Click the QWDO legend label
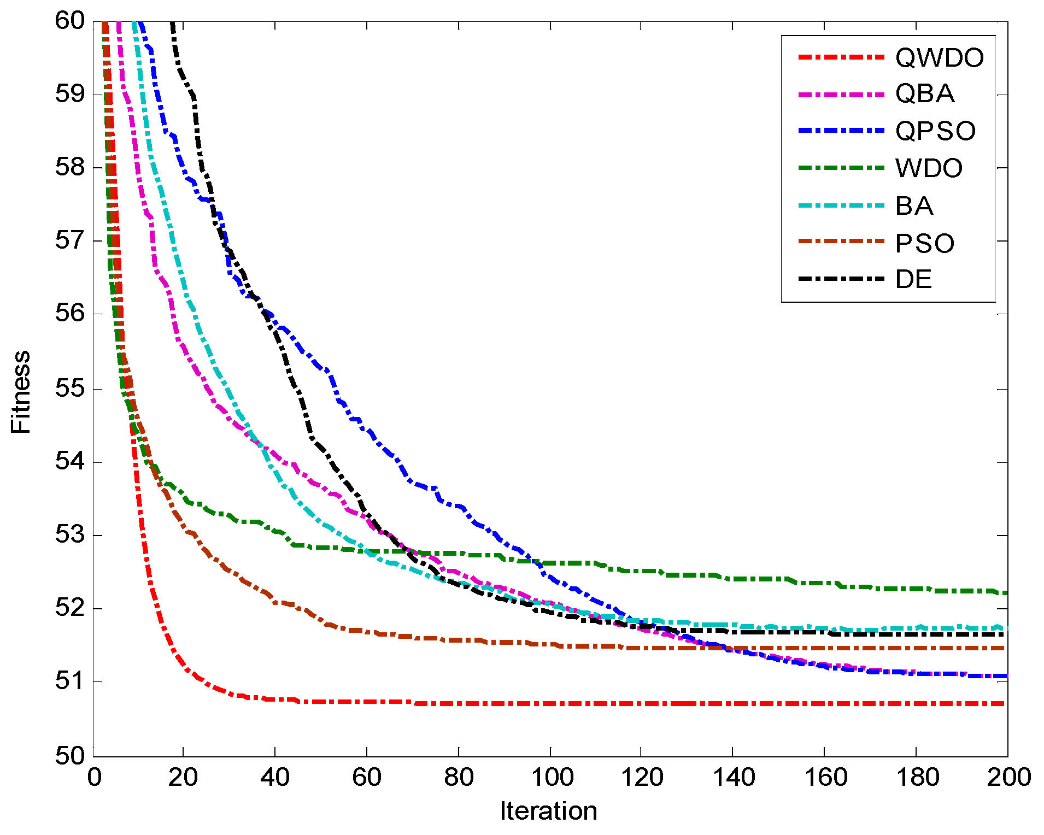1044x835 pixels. point(939,57)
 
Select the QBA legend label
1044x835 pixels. point(925,94)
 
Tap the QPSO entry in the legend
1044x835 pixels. point(935,131)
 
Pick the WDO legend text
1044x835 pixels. point(929,168)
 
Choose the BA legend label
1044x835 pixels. point(914,206)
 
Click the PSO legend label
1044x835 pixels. point(925,243)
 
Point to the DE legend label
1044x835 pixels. point(913,279)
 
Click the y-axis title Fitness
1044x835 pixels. point(21,392)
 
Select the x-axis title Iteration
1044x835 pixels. point(548,811)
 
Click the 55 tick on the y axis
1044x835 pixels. point(70,389)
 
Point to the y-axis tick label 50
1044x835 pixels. point(70,756)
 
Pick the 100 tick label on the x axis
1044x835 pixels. point(551,777)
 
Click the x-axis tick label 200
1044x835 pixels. point(1007,777)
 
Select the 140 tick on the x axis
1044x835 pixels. point(734,777)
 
